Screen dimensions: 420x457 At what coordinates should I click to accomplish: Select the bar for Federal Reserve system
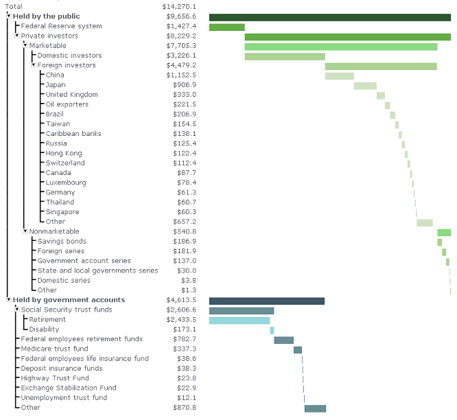pos(226,27)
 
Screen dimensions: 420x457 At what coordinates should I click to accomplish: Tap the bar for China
pos(339,75)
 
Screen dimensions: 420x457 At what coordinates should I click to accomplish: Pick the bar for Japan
pos(365,86)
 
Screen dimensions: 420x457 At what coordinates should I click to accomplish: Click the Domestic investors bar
pos(284,56)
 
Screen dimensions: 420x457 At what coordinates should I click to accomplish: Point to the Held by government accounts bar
pos(266,301)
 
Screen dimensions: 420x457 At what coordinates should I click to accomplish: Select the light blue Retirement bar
pos(239,320)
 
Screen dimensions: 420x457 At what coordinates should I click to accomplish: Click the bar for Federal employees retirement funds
pos(283,340)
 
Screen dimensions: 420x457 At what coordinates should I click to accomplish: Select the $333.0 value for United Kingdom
pos(186,95)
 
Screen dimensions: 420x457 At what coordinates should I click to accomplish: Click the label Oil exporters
pos(67,104)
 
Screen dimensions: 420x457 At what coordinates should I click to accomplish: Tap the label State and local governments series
pos(97,270)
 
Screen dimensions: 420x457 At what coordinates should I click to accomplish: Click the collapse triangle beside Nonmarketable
pos(25,231)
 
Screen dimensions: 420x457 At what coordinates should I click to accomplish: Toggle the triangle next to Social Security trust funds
pos(17,310)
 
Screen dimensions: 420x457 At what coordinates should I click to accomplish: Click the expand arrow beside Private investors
pos(17,36)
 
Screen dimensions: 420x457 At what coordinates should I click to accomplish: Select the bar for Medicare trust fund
pos(297,349)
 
